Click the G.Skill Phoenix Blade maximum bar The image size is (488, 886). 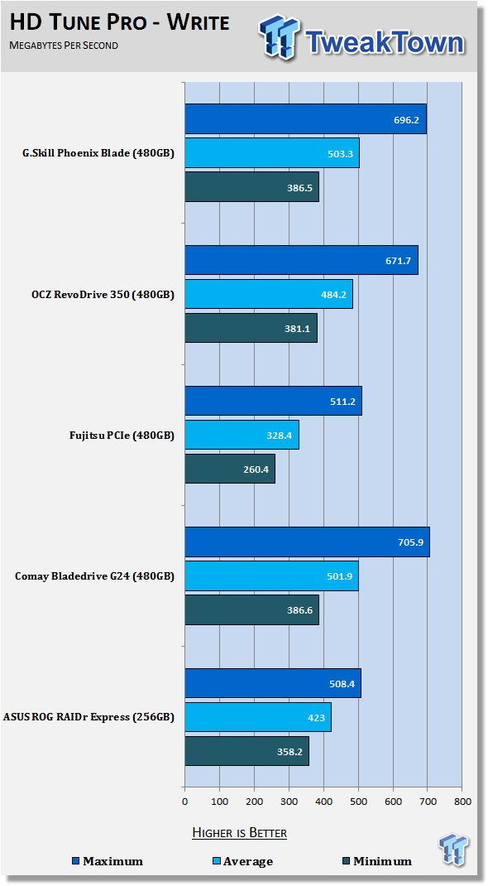(306, 119)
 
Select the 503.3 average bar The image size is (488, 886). (272, 153)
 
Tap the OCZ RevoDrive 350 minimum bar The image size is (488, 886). (251, 328)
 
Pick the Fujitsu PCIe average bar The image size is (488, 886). (242, 435)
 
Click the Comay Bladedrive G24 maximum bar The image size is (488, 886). (308, 542)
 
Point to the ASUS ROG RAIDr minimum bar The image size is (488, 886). (247, 751)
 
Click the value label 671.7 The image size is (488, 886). (398, 261)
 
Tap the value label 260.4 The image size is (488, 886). (255, 469)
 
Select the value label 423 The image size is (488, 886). (317, 718)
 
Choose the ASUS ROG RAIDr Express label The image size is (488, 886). (89, 717)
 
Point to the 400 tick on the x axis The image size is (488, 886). (323, 801)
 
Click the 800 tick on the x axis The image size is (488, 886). (462, 801)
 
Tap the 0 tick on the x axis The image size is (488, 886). (185, 801)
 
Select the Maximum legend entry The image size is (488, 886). (108, 861)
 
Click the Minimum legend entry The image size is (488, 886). (377, 861)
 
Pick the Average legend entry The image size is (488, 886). (243, 861)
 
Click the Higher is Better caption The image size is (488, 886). (240, 832)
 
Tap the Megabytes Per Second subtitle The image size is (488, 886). (64, 46)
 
